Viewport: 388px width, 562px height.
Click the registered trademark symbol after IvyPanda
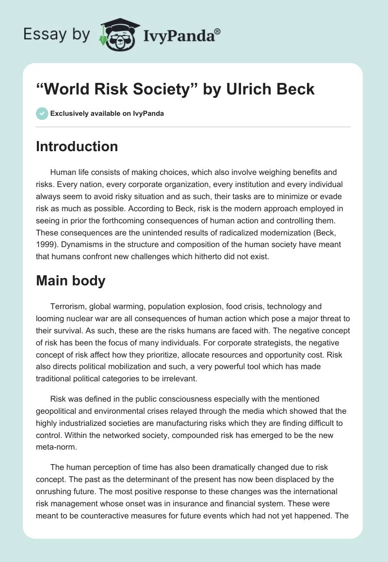click(x=218, y=32)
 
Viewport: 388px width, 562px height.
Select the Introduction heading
click(x=77, y=146)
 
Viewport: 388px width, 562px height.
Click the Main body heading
click(x=70, y=281)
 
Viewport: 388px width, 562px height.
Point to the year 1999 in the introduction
click(x=45, y=245)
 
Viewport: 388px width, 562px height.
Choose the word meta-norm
click(x=57, y=446)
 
